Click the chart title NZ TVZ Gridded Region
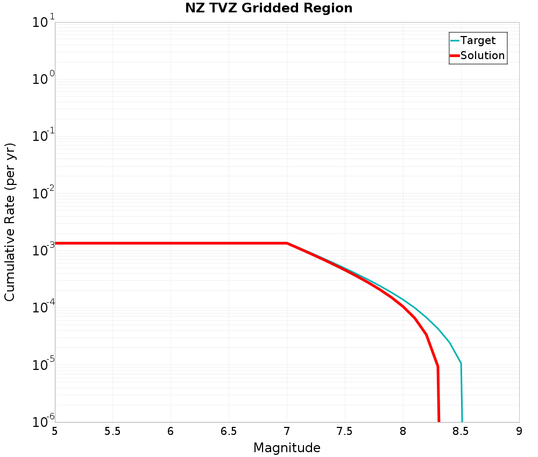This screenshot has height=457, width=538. [x=269, y=9]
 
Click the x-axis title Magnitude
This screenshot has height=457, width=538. [x=287, y=448]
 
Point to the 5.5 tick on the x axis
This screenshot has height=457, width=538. [x=112, y=431]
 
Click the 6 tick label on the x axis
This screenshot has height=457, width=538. [x=171, y=431]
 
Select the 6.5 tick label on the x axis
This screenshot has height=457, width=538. [x=229, y=431]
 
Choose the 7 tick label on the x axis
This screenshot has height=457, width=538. [x=287, y=431]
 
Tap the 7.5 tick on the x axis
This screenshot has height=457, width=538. [x=345, y=431]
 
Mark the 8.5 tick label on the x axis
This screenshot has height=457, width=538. [x=461, y=431]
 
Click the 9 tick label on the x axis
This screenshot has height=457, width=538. [x=519, y=431]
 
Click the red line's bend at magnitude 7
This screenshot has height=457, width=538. [x=287, y=243]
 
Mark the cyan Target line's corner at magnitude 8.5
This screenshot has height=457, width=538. [x=461, y=363]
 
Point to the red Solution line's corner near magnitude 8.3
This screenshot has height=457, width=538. [x=438, y=366]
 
